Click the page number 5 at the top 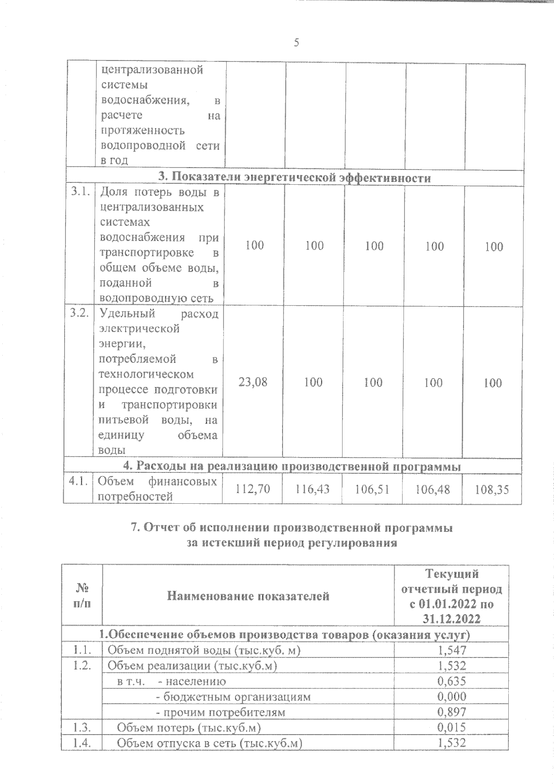point(296,43)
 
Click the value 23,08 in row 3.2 point(253,382)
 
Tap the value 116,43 point(313,488)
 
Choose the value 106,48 point(432,488)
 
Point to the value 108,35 point(492,489)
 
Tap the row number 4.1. point(78,482)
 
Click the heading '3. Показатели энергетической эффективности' point(295,178)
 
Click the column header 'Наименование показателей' point(248,596)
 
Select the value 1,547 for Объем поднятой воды point(452,650)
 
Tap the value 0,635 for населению point(452,681)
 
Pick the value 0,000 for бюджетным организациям point(452,696)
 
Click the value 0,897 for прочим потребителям point(452,712)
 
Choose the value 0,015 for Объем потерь point(452,727)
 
